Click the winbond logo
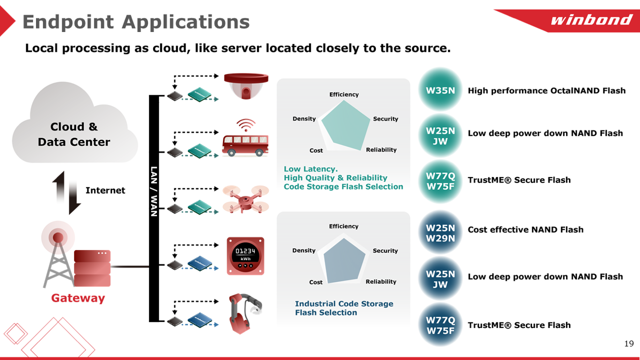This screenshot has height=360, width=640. coord(591,20)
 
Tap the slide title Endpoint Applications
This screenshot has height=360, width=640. coord(136,22)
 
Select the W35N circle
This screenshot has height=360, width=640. coord(440,91)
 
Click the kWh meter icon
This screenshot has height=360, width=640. coord(245,256)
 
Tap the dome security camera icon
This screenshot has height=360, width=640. coord(246,85)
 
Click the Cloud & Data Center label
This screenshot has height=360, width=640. coord(74,134)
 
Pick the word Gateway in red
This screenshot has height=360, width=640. coord(78,298)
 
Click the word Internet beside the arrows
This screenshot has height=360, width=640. coord(105,191)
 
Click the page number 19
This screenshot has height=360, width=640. coord(628,344)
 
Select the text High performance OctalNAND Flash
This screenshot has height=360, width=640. coord(546,91)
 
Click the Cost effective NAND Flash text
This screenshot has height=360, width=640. coord(525,230)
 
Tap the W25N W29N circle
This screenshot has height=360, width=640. coord(440,233)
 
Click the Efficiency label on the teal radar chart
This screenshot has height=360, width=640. coord(344,95)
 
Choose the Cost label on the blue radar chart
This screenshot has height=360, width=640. coord(316,282)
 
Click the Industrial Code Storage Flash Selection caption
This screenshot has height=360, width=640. coord(344,308)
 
